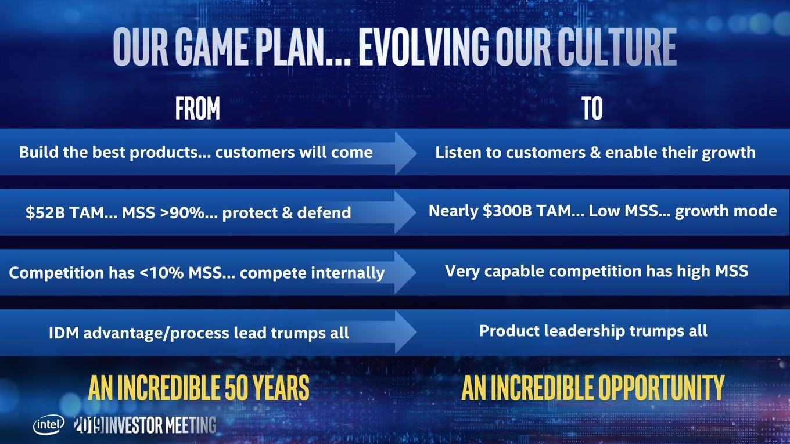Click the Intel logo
click(x=49, y=425)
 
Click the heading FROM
click(x=198, y=108)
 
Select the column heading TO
click(x=592, y=108)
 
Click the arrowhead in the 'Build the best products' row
click(x=405, y=153)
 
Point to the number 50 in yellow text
click(x=236, y=388)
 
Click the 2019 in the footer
click(x=89, y=425)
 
